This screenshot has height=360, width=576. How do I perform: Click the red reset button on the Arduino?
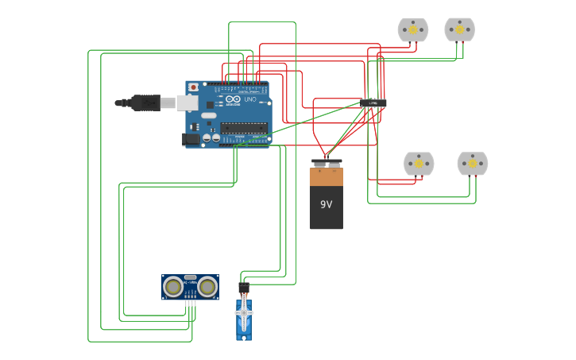[x=193, y=87]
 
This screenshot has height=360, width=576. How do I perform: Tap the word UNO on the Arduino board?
[x=249, y=99]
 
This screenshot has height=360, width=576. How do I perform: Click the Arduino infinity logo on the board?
[x=233, y=99]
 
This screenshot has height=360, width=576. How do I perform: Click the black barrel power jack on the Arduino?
[x=191, y=139]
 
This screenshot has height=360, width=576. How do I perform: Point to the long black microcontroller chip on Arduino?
[x=244, y=126]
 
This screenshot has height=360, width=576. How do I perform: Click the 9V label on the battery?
[x=326, y=204]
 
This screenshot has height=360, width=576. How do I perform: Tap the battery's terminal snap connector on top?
[x=326, y=164]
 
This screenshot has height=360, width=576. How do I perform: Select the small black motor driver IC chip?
[x=373, y=103]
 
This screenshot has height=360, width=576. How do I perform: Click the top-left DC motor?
[x=413, y=30]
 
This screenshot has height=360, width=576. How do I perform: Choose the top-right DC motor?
[x=459, y=29]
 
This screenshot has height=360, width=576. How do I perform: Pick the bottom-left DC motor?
[x=419, y=164]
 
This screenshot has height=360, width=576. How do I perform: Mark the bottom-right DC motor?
[x=473, y=164]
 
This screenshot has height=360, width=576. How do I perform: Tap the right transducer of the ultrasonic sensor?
[x=208, y=286]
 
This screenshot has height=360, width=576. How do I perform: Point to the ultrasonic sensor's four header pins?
[x=190, y=304]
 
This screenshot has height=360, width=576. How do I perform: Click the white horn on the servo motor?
[x=244, y=313]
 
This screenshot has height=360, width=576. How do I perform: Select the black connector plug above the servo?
[x=244, y=287]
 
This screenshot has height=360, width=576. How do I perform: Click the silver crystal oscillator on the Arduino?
[x=209, y=116]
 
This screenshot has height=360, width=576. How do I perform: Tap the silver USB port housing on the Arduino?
[x=187, y=103]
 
